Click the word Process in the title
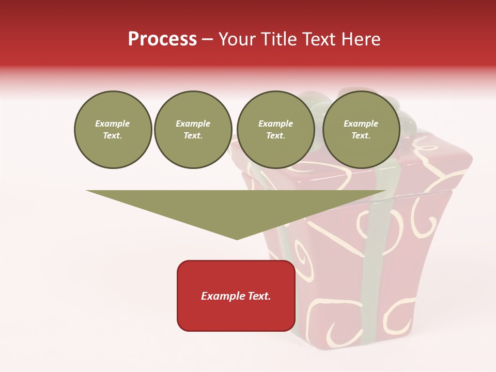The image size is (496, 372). point(162,39)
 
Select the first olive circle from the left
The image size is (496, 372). point(113,130)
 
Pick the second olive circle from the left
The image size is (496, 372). point(193,130)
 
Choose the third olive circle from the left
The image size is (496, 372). point(275,130)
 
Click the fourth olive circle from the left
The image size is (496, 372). point(361,130)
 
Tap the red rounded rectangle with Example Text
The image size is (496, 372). point(236,296)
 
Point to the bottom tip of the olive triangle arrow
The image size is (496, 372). point(237,239)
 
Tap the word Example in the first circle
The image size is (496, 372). point(113,124)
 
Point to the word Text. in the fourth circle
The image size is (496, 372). point(361,136)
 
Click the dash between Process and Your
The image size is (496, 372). point(207,39)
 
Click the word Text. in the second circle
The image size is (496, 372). point(193,136)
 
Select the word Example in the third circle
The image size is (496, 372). point(275,124)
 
